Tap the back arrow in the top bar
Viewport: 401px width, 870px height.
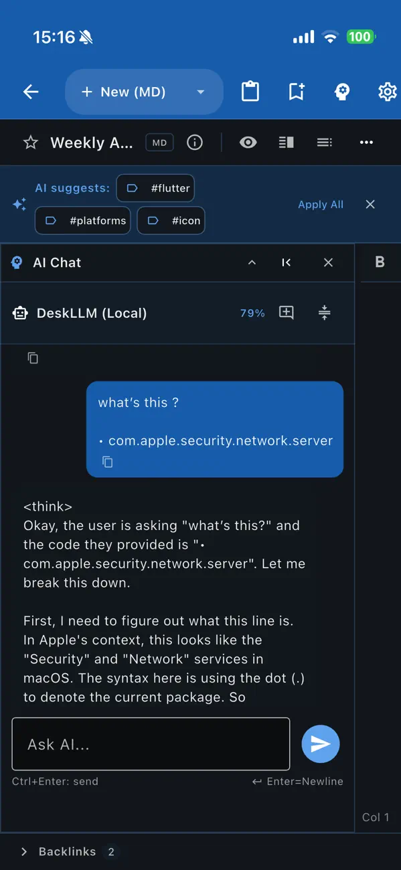tap(31, 92)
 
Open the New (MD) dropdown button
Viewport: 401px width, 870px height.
tap(144, 92)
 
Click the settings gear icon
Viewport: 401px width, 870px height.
tap(388, 92)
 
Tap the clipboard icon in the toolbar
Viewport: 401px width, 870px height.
tap(250, 91)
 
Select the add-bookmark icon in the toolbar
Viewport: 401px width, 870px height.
tap(296, 92)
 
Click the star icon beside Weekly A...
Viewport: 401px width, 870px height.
tap(31, 143)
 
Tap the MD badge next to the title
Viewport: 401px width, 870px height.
tap(159, 143)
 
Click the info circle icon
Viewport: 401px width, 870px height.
tap(195, 143)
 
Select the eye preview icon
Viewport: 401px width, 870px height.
tap(248, 143)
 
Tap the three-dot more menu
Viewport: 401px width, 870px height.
tap(366, 143)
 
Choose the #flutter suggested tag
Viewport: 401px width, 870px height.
tap(155, 188)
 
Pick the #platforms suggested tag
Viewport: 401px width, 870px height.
tap(83, 221)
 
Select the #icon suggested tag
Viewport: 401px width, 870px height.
tap(171, 221)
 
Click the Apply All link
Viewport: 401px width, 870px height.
tap(321, 204)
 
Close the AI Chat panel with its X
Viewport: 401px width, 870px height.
tap(328, 262)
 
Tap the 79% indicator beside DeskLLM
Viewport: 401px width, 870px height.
tap(252, 313)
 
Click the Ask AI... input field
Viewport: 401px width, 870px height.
tap(151, 744)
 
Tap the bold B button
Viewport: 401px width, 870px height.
tap(380, 262)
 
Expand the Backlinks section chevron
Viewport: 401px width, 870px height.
tap(24, 852)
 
